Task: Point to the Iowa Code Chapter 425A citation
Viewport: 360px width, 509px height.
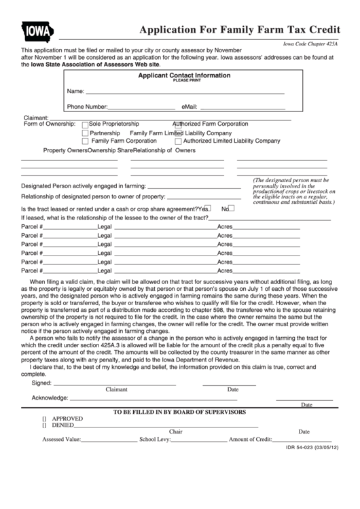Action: [x=310, y=43]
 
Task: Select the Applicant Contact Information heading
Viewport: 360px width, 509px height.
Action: [x=184, y=75]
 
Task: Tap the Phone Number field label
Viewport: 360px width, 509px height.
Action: [x=87, y=107]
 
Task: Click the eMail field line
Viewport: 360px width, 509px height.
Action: [x=241, y=107]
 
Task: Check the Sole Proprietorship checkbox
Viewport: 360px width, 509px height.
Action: [x=85, y=124]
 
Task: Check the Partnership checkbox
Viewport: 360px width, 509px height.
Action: [x=85, y=133]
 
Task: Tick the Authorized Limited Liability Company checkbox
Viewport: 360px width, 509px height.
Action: [x=179, y=142]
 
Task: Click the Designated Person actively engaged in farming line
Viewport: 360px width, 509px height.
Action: [x=194, y=186]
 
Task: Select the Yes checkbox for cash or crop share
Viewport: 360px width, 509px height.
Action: [x=209, y=208]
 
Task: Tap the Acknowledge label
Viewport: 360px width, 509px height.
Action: [x=50, y=397]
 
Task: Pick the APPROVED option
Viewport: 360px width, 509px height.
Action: [x=45, y=419]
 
